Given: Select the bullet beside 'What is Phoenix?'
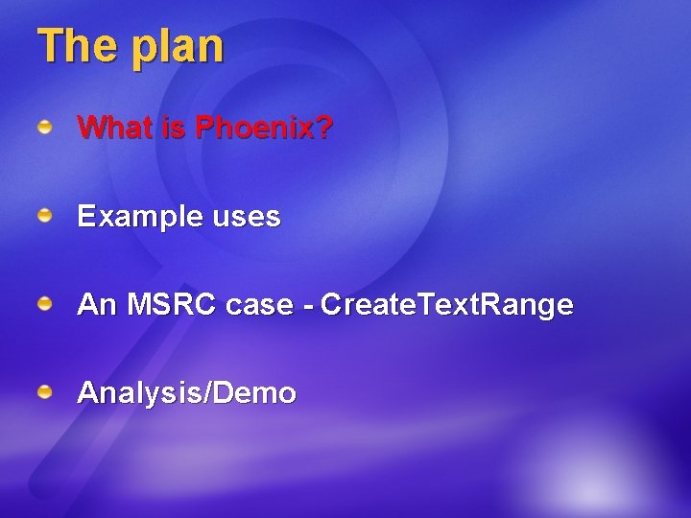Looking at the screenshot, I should click(x=45, y=128).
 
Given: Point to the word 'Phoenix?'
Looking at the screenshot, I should click(x=264, y=128).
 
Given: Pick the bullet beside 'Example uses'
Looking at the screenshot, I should click(x=45, y=217).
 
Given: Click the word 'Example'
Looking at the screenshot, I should click(x=138, y=218).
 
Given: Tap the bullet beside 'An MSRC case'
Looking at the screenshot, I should click(x=45, y=305).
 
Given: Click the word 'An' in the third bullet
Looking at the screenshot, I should click(x=95, y=305).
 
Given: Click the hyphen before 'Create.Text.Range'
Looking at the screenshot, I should click(x=307, y=307).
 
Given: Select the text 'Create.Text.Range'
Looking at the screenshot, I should click(x=447, y=306).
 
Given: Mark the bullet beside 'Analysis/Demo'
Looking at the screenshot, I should click(x=45, y=392).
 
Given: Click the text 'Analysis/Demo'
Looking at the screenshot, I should click(x=186, y=393).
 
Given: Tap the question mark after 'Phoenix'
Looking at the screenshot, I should click(x=326, y=128).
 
